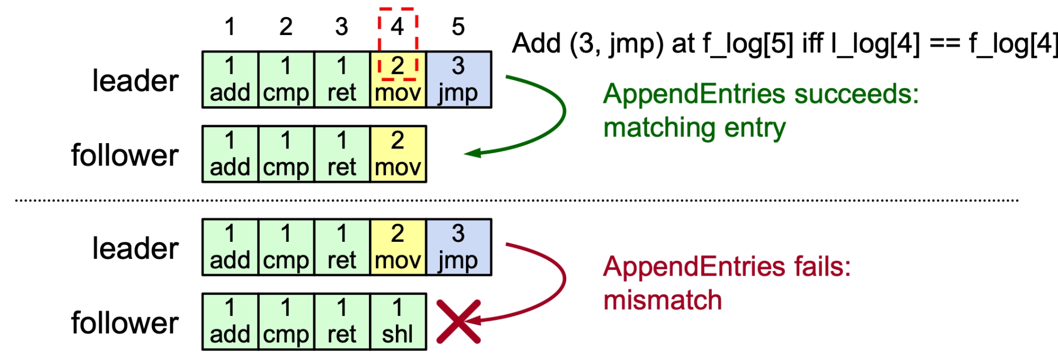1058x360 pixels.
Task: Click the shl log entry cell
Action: click(398, 322)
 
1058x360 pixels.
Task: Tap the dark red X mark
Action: click(459, 322)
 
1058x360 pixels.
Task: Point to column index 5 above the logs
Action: click(458, 27)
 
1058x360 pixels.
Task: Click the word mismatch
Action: click(663, 301)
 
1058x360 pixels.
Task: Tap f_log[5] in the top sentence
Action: click(748, 43)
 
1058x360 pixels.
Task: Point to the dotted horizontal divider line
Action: click(517, 200)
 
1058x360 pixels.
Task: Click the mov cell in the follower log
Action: click(398, 154)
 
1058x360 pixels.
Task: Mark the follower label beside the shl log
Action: click(125, 323)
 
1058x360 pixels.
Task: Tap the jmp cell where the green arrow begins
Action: click(458, 80)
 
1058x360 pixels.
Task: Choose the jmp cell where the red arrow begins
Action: click(458, 248)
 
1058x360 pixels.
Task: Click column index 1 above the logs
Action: click(230, 27)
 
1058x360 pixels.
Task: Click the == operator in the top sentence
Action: click(945, 43)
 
